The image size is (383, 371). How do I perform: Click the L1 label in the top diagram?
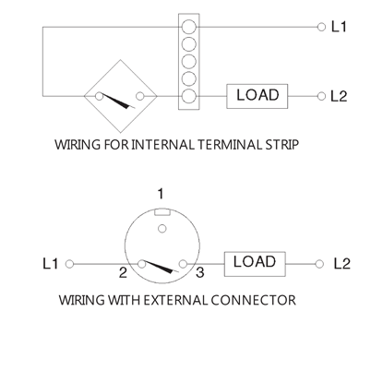click(339, 27)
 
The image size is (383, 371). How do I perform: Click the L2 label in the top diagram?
click(339, 96)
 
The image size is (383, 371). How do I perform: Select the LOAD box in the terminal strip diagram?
click(257, 96)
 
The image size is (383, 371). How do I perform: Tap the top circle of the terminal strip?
click(189, 27)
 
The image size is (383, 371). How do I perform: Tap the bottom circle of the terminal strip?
click(189, 97)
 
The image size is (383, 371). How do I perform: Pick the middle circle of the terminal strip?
click(189, 62)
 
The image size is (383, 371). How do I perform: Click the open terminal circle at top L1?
click(321, 27)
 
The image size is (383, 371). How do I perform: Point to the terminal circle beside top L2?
click(321, 96)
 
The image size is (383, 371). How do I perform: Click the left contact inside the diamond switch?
click(99, 96)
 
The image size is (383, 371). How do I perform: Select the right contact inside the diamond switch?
click(140, 96)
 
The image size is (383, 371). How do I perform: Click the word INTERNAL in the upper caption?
click(162, 144)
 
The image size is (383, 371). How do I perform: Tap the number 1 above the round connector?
click(161, 194)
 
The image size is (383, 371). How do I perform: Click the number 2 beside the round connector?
click(123, 272)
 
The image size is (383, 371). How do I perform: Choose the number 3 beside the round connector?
click(200, 272)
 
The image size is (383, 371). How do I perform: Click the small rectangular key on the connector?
click(162, 212)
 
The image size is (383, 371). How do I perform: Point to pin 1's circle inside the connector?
click(162, 229)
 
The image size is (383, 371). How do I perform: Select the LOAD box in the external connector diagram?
click(255, 264)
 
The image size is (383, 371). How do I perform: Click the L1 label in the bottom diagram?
click(51, 264)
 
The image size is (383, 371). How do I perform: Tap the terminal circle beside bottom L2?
click(320, 264)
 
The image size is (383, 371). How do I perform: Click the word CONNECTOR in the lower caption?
click(253, 300)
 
